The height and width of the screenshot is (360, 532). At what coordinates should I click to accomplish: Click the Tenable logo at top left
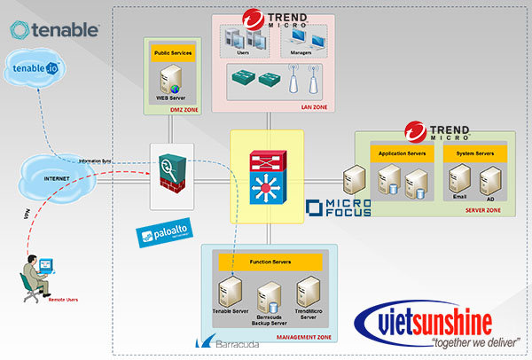(54, 30)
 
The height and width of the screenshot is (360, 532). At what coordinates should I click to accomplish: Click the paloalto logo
(162, 237)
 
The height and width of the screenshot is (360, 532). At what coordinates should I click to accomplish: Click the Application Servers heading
(403, 153)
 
